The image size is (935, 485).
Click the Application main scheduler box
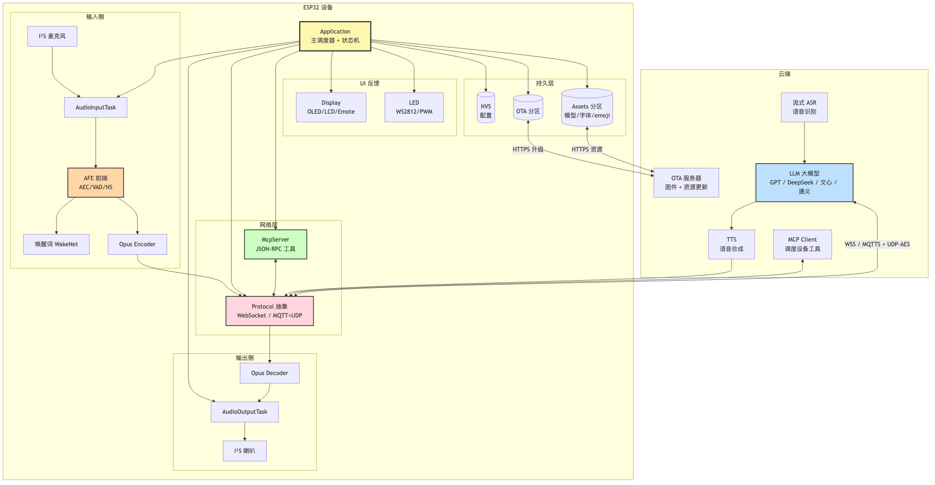335,36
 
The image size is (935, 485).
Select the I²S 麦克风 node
52,36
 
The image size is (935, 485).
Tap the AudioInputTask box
96,108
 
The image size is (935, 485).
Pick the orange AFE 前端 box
96,183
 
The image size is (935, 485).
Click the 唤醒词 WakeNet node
57,244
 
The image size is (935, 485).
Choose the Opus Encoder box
137,244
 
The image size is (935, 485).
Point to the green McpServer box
276,244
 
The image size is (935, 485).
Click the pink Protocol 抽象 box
270,311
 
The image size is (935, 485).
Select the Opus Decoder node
270,373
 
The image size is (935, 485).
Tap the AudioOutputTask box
245,412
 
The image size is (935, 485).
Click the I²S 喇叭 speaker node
245,451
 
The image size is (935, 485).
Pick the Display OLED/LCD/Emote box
331,108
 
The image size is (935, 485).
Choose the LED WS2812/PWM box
414,108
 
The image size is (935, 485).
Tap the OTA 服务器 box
686,183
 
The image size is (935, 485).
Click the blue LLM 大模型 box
804,183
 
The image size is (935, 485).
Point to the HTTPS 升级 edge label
528,150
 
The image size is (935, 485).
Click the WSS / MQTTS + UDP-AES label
877,244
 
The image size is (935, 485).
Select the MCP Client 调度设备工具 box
803,244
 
